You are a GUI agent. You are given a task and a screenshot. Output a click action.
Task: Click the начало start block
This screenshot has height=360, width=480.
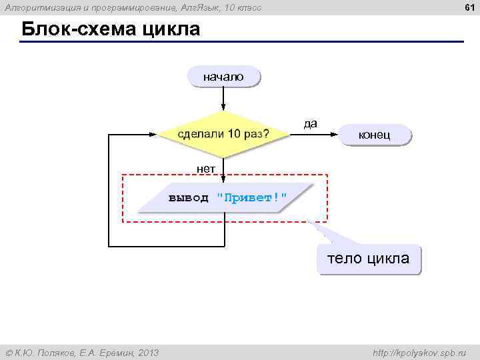tap(223, 77)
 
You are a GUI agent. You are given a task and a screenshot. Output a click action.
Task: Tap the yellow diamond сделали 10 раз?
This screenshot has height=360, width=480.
tap(223, 134)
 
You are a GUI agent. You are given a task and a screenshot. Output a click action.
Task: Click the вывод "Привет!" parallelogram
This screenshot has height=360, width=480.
tap(227, 197)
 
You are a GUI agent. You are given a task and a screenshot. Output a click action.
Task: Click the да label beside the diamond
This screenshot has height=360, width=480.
tap(311, 123)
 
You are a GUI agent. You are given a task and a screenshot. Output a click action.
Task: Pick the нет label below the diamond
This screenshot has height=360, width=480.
tap(206, 169)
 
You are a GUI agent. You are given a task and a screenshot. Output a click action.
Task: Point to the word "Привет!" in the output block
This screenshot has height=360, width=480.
tap(252, 197)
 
